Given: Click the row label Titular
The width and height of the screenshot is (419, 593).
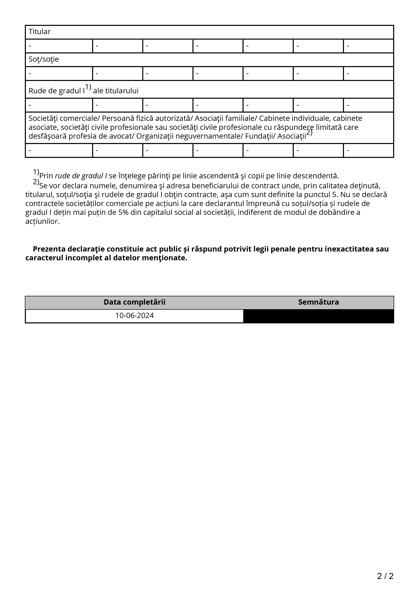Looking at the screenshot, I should point(40,32).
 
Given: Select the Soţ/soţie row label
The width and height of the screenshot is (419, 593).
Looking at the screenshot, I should point(44,59).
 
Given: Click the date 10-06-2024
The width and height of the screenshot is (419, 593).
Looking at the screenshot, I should point(135,316).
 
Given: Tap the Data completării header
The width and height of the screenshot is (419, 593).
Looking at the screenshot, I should point(135,302).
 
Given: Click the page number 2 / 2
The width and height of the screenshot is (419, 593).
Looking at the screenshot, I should point(385,576).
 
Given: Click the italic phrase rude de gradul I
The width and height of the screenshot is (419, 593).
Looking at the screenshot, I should point(81,176).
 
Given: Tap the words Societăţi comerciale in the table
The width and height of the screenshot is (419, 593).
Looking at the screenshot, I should point(64,118).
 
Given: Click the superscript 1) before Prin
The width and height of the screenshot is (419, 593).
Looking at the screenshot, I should point(36,172).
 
